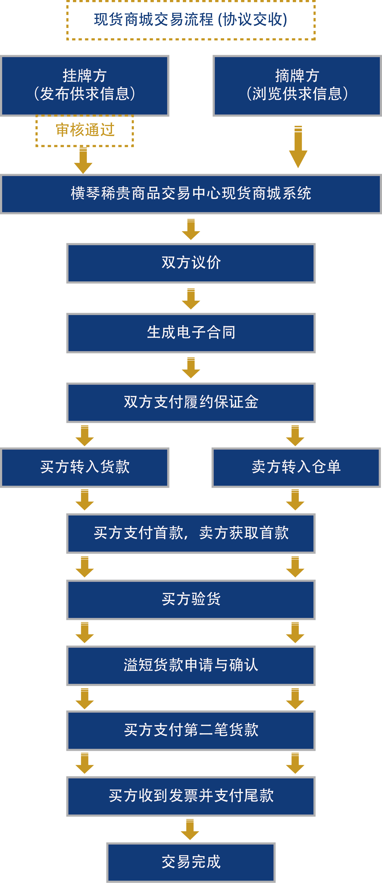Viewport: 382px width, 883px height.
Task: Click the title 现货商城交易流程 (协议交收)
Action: tap(191, 20)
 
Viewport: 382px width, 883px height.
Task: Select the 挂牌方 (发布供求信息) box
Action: tap(84, 85)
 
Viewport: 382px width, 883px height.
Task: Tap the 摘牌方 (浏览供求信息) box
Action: tap(297, 85)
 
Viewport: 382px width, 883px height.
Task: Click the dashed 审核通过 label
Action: tap(85, 131)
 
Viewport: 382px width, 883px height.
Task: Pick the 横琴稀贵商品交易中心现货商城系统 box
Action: tap(191, 194)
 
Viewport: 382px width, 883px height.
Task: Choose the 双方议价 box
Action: tap(191, 263)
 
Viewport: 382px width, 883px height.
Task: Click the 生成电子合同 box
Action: tap(191, 333)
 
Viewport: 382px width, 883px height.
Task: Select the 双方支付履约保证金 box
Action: tap(191, 402)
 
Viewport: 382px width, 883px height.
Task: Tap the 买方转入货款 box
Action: tap(84, 467)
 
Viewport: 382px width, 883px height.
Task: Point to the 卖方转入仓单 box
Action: tap(296, 467)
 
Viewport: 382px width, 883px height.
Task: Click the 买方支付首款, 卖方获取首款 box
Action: tap(191, 533)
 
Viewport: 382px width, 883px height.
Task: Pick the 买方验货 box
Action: tap(191, 600)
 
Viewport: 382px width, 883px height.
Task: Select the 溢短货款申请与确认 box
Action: tap(191, 665)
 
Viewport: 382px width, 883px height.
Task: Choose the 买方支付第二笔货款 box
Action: tap(191, 730)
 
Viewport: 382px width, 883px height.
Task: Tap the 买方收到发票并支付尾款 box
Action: tap(191, 796)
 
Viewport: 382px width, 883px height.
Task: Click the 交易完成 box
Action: tap(191, 862)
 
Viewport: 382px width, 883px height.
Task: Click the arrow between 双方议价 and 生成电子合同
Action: tap(191, 299)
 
